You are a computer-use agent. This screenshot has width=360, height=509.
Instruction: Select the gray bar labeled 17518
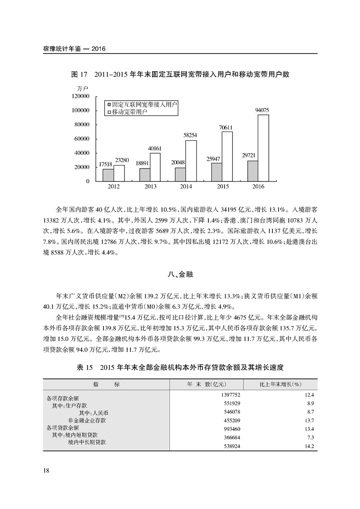pos(108,175)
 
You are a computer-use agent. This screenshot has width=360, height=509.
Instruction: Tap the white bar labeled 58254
pos(191,161)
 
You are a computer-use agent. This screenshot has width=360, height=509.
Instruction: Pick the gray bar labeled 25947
pos(217,172)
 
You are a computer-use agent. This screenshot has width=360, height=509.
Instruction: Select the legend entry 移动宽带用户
pos(129,111)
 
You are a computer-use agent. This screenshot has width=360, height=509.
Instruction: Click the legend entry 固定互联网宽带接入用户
pos(141,104)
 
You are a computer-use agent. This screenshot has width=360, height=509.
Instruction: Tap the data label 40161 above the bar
pos(155,148)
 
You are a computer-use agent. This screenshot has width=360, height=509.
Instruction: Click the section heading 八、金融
pos(180,274)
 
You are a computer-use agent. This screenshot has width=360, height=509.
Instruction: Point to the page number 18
pos(46,470)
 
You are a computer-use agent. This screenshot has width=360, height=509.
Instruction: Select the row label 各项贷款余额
pos(63,427)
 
